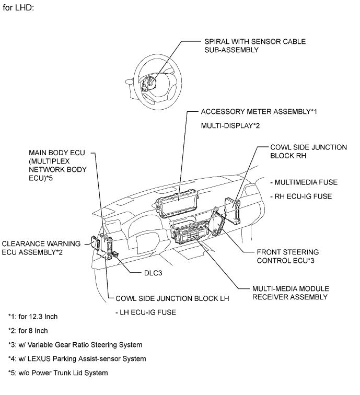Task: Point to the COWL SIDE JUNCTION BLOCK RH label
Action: [x=308, y=152]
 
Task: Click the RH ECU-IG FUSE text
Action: [x=302, y=196]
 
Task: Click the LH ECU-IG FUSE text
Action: [x=145, y=312]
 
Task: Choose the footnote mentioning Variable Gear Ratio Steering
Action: [x=75, y=345]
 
